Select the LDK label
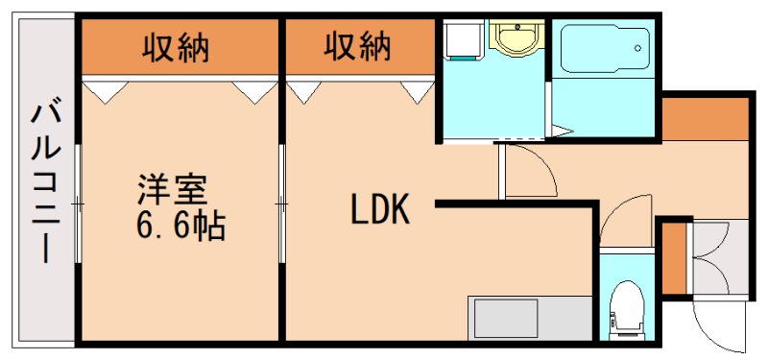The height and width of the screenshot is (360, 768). coord(379,209)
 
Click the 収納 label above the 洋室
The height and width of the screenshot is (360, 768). coord(177,45)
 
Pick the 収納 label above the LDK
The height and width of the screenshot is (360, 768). coord(356,45)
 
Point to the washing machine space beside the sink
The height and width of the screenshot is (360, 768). coord(466,41)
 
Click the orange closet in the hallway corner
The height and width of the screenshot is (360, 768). coord(704,117)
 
